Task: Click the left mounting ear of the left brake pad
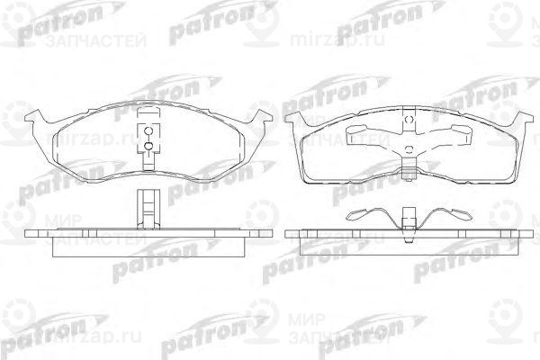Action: pyautogui.click(x=34, y=118)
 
